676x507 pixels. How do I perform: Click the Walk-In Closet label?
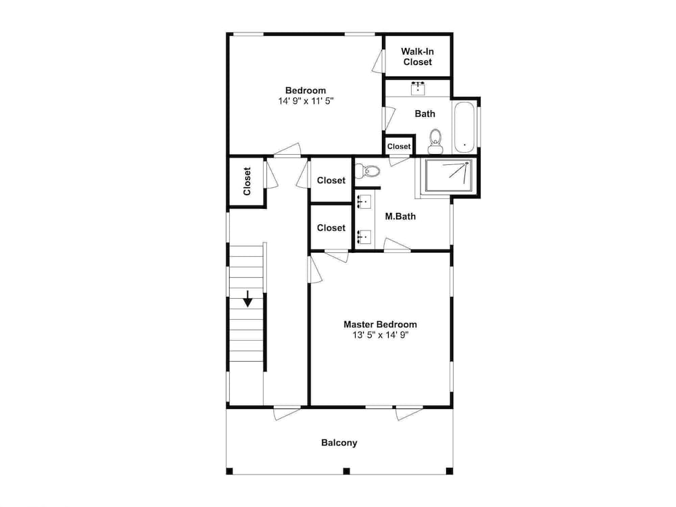coord(417,57)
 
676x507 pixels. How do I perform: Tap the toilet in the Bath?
coord(435,141)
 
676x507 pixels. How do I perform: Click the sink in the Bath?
coord(418,88)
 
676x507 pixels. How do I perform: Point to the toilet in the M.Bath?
coord(368,172)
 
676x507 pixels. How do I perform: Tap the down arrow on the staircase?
coord(247,299)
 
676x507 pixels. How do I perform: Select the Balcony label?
coord(339,443)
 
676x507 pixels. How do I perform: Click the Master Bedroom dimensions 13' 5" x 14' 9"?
coord(380,335)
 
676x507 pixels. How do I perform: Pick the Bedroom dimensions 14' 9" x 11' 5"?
coord(306,101)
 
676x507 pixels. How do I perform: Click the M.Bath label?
coord(400,216)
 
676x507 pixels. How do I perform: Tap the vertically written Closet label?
coord(247,181)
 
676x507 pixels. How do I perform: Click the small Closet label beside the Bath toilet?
coord(399,147)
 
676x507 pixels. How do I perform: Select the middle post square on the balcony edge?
coord(346,471)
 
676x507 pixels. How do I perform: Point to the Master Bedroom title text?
coord(380,324)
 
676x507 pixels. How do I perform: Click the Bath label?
coord(425,114)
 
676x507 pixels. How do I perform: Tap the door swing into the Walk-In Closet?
coord(378,61)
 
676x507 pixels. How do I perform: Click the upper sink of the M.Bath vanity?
coord(364,201)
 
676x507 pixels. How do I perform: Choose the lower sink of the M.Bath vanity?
coord(364,237)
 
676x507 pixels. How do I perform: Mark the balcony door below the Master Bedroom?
coord(410,412)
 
